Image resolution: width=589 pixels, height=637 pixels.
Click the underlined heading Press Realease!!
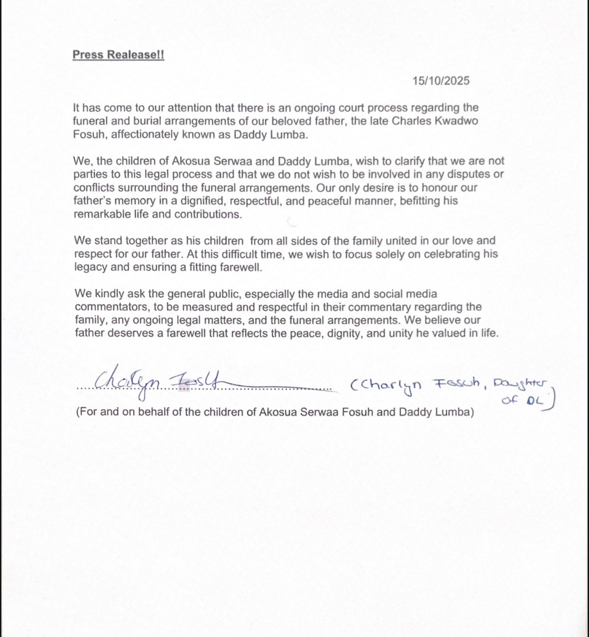(118, 55)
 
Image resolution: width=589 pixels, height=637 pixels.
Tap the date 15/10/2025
(441, 81)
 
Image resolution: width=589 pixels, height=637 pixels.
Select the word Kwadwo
(458, 121)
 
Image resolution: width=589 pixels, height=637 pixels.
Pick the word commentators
(110, 307)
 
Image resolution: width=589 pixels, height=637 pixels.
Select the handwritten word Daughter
(520, 384)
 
